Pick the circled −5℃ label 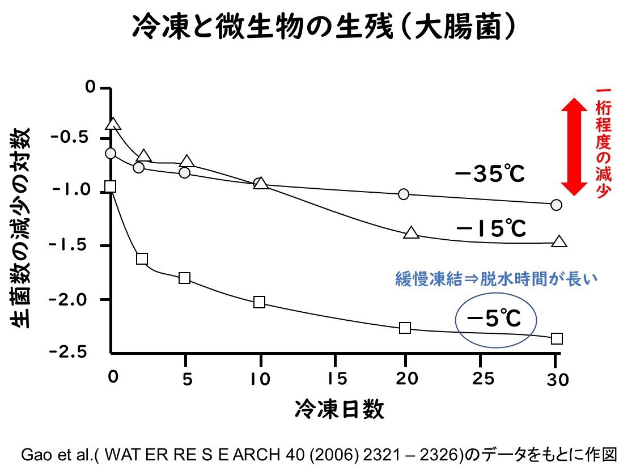pyautogui.click(x=493, y=320)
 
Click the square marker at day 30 pyautogui.click(x=557, y=338)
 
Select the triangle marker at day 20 pyautogui.click(x=412, y=233)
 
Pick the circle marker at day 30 pyautogui.click(x=556, y=205)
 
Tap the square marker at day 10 pyautogui.click(x=260, y=302)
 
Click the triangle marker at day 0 pyautogui.click(x=113, y=124)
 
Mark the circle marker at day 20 pyautogui.click(x=404, y=194)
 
